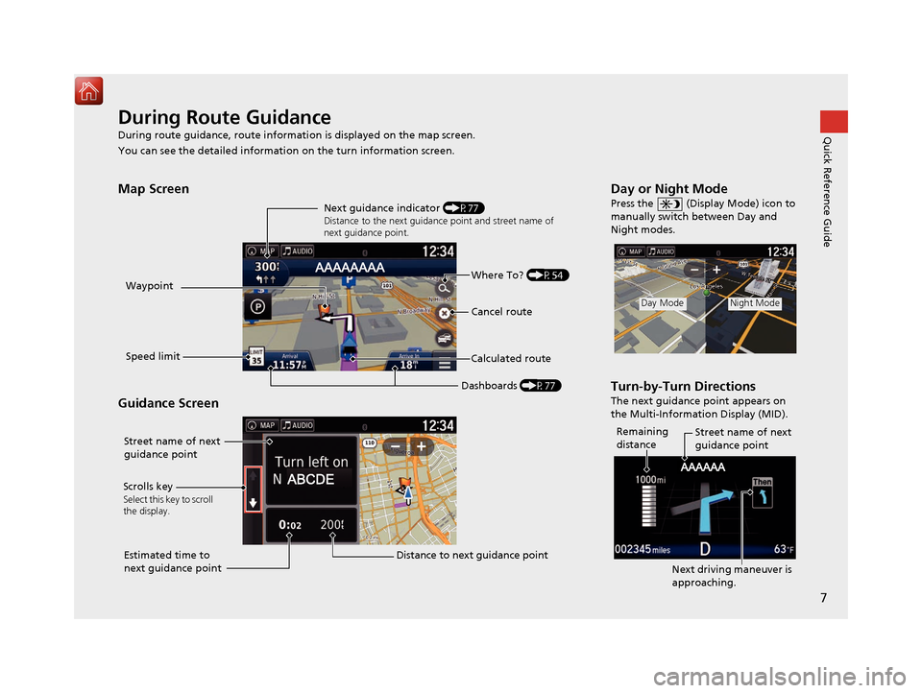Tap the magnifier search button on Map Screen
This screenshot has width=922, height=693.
point(444,287)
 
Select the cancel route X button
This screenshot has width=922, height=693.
point(444,313)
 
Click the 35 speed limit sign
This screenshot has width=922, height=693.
point(256,357)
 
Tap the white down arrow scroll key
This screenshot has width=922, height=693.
point(253,500)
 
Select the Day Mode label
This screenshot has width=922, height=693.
point(663,303)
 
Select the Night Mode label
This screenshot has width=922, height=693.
point(753,303)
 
